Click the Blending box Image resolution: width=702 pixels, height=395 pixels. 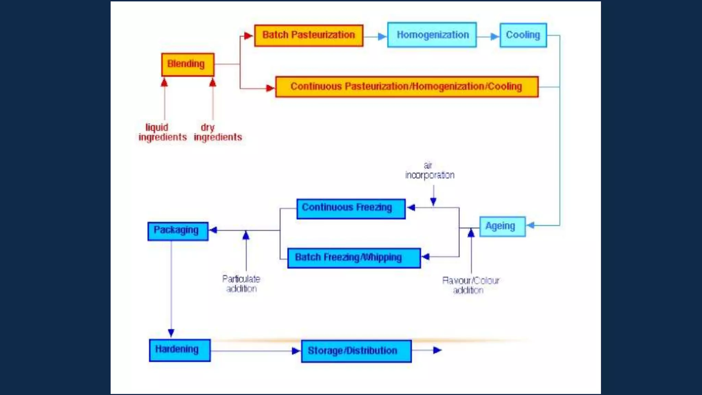pyautogui.click(x=188, y=64)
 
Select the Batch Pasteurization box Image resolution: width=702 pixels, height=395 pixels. pyautogui.click(x=308, y=35)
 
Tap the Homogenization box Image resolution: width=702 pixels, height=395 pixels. pyautogui.click(x=432, y=35)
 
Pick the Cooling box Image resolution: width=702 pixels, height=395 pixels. pyautogui.click(x=523, y=35)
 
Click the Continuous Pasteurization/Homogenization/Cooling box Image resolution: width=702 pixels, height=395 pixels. pyautogui.click(x=407, y=87)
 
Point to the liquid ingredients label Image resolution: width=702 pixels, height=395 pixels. pyautogui.click(x=162, y=132)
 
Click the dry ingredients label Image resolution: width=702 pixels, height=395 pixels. pyautogui.click(x=218, y=132)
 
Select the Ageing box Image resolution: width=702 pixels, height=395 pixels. pyautogui.click(x=502, y=226)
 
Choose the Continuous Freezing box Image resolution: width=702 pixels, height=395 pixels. pyautogui.click(x=351, y=208)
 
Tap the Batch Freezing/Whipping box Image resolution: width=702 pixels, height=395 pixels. pyautogui.click(x=354, y=258)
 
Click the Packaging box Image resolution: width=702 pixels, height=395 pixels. pyautogui.click(x=178, y=231)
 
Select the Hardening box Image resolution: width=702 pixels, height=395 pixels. pyautogui.click(x=180, y=350)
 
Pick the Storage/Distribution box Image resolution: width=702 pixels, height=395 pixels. pyautogui.click(x=356, y=351)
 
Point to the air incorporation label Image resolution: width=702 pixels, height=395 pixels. pyautogui.click(x=429, y=171)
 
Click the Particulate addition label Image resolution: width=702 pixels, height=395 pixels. pyautogui.click(x=241, y=284)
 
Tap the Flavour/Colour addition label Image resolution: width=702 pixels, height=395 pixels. pyautogui.click(x=470, y=285)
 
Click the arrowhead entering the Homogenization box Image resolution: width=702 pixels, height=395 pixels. pyautogui.click(x=382, y=36)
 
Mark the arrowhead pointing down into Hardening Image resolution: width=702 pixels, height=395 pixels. pyautogui.click(x=171, y=333)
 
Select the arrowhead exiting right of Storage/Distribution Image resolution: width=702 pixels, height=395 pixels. pyautogui.click(x=437, y=350)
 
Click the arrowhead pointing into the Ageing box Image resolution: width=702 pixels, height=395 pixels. pyautogui.click(x=530, y=225)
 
